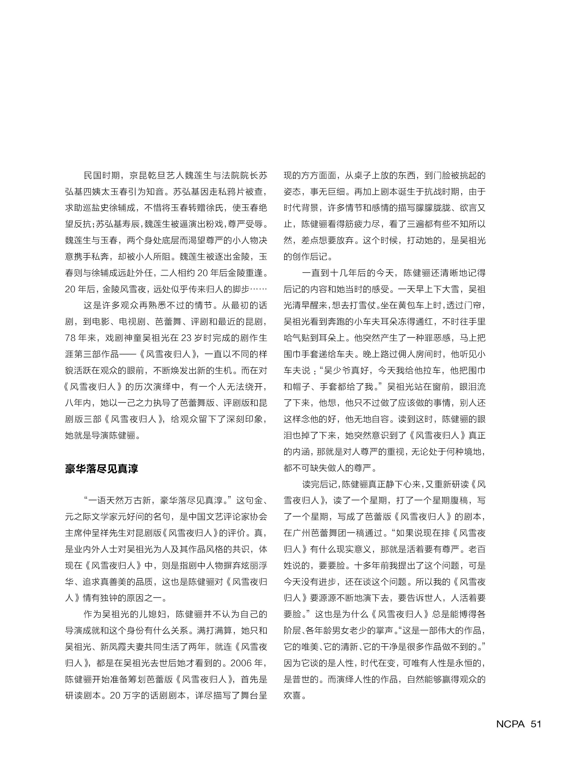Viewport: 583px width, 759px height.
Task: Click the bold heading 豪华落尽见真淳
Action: pos(101,469)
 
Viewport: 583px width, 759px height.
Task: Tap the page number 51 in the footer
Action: pos(535,724)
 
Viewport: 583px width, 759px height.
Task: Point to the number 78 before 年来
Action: pos(70,338)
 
